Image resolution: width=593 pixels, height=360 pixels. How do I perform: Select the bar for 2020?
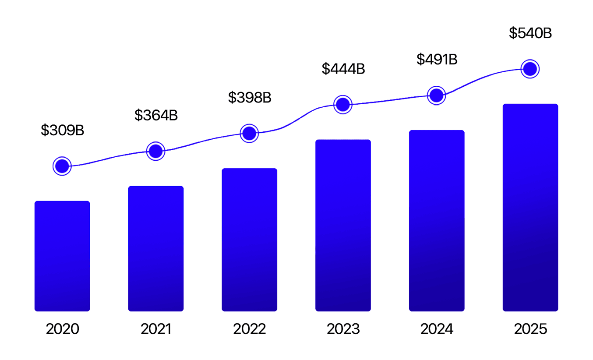[62, 256]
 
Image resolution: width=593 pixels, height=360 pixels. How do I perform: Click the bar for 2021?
[156, 249]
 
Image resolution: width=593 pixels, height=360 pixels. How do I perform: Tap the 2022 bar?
[250, 240]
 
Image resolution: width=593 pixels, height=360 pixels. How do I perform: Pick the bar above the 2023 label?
[343, 226]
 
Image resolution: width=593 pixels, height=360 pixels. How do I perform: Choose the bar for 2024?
[437, 221]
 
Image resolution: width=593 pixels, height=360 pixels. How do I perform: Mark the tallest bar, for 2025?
[530, 208]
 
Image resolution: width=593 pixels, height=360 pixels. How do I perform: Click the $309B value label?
[62, 130]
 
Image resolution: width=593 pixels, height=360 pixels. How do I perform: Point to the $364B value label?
[156, 115]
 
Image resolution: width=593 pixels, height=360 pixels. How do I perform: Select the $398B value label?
[250, 97]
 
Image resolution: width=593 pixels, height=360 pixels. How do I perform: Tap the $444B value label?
[343, 69]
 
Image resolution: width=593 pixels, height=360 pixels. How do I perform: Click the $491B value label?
[437, 59]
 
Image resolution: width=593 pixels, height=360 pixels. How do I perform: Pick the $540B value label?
[530, 33]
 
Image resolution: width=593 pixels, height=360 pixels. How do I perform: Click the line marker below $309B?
[62, 166]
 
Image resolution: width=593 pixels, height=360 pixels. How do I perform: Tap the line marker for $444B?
[343, 105]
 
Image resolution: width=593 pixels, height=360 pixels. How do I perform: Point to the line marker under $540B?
[530, 69]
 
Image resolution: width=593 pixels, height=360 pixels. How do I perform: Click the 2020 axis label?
[63, 329]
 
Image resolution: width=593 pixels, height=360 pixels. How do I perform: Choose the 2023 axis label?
[343, 329]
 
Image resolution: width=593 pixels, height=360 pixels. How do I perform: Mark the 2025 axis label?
[530, 329]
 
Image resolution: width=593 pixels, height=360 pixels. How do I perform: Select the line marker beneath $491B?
[437, 95]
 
